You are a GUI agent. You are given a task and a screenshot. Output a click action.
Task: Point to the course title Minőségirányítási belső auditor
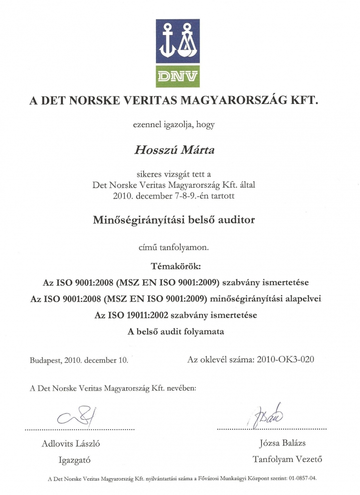coord(174,220)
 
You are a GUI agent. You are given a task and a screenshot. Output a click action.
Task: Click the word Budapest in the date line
coord(45,360)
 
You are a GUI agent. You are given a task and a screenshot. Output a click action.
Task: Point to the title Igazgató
coord(74,460)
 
